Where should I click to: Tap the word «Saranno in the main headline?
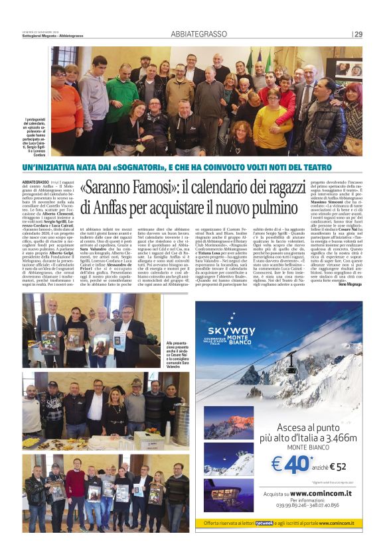pyautogui.click(x=109, y=188)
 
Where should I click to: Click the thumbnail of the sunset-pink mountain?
pyautogui.click(x=228, y=422)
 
